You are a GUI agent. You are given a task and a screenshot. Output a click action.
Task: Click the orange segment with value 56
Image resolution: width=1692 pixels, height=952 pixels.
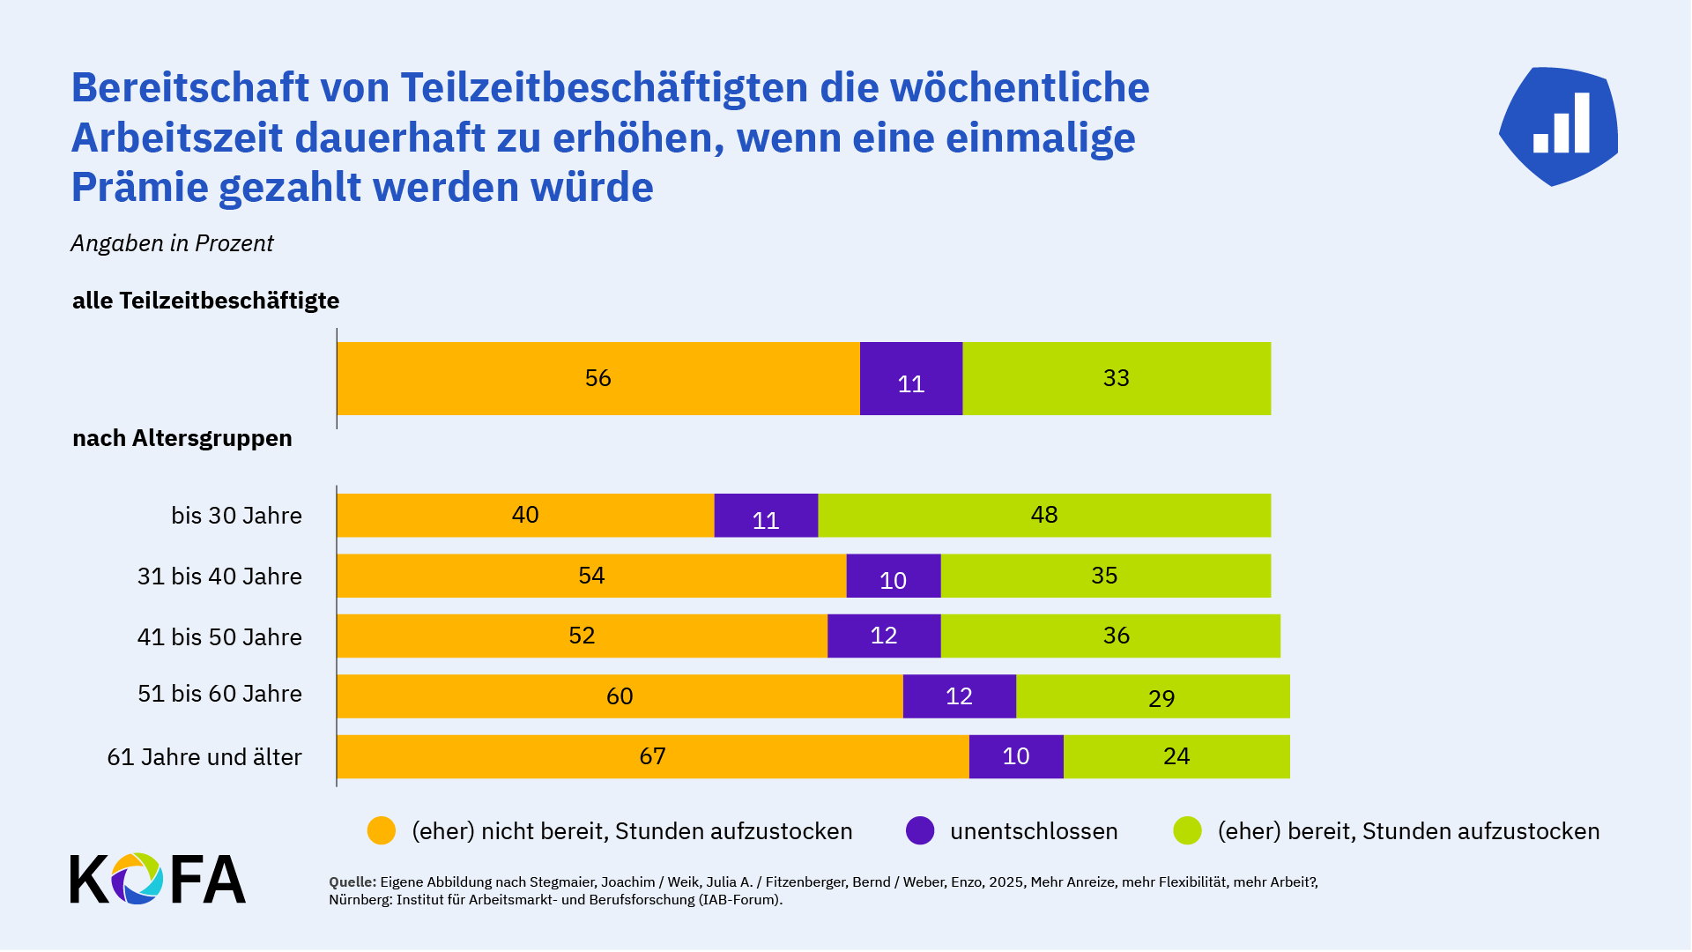(598, 378)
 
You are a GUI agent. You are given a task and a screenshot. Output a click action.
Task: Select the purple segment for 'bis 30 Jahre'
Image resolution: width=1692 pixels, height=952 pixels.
(766, 516)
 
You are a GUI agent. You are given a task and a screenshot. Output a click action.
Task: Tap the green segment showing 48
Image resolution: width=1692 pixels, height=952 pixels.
(1044, 516)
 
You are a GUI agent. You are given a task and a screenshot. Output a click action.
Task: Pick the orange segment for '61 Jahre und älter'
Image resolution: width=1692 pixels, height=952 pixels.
(652, 756)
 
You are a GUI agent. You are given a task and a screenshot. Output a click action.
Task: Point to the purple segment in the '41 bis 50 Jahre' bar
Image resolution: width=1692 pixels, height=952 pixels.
(884, 636)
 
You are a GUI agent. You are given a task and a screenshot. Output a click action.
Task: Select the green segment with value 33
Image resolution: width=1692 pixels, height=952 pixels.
(1117, 378)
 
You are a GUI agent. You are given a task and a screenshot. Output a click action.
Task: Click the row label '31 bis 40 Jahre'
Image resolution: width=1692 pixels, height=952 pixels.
(219, 576)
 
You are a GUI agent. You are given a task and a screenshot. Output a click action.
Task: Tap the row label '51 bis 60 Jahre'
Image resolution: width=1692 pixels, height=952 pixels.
(219, 694)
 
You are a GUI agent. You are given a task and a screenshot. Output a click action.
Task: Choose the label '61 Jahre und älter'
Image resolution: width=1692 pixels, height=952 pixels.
(204, 757)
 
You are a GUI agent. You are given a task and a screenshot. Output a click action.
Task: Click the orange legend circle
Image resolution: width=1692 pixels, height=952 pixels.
(382, 830)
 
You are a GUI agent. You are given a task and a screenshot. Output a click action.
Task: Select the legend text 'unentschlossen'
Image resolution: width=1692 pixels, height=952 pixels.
(1034, 831)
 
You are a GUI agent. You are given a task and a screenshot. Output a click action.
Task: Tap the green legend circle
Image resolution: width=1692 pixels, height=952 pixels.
(1187, 830)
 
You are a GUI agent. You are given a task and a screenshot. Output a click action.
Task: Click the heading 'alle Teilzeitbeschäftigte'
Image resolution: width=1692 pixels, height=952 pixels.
(205, 301)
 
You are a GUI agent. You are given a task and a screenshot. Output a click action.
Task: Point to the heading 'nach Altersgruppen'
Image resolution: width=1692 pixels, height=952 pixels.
(182, 438)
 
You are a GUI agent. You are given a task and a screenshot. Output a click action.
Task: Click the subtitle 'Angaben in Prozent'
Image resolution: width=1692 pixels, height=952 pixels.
(172, 243)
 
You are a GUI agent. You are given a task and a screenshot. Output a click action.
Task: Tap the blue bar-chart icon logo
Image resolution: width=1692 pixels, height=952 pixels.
(1559, 126)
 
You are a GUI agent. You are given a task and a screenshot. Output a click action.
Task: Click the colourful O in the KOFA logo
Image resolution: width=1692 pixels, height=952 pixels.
(137, 879)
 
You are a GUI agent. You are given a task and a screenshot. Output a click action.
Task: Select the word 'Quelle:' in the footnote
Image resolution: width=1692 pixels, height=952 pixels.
(352, 882)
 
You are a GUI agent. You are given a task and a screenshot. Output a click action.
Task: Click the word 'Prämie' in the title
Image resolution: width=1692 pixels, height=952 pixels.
(140, 187)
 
